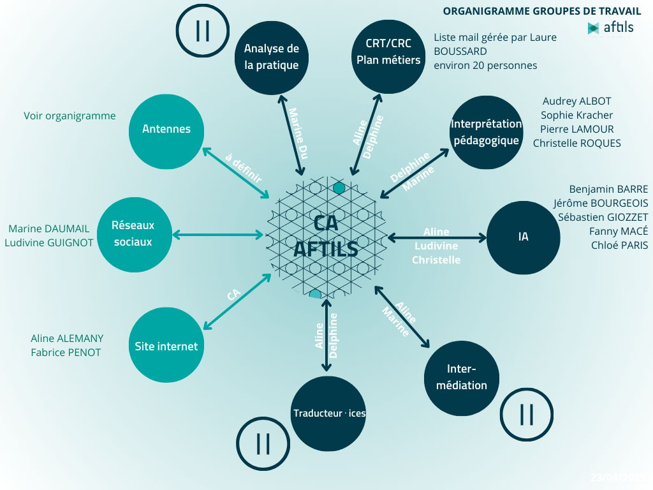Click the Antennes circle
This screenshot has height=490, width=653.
[166, 130]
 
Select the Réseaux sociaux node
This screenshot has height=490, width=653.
[133, 233]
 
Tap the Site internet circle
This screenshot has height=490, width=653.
[166, 346]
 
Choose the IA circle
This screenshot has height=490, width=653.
[524, 237]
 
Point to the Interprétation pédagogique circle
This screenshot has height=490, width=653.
[486, 132]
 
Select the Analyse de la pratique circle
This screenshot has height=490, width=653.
[272, 57]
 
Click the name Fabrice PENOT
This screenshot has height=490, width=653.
[66, 352]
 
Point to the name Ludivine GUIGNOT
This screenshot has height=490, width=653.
[49, 242]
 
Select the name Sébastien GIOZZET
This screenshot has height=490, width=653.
[603, 217]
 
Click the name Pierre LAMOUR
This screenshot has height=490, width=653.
[576, 129]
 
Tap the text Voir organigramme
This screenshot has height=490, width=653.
[70, 116]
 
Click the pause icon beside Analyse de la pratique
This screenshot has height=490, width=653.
[203, 31]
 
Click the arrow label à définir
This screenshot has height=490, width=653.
[243, 167]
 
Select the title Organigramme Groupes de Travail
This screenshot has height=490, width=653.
[542, 11]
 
